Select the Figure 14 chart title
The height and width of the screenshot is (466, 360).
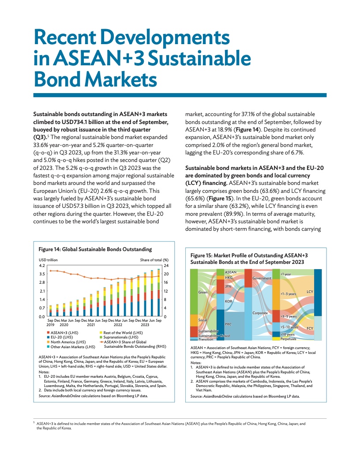click(95, 249)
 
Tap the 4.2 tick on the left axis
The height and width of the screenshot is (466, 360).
click(42, 266)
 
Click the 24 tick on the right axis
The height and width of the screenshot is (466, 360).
click(166, 266)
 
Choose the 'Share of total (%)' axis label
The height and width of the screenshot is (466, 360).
click(154, 260)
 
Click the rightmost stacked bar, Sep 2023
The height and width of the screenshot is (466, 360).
click(158, 291)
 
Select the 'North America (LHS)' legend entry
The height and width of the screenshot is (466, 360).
click(68, 342)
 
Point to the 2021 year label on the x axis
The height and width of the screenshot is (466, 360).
click(91, 324)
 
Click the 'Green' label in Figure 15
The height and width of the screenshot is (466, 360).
click(202, 292)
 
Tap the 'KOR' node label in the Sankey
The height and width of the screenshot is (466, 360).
click(229, 301)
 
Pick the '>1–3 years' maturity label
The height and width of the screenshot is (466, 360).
click(288, 293)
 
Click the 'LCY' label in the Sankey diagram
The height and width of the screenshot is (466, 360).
click(310, 292)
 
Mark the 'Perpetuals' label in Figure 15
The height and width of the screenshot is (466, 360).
click(288, 339)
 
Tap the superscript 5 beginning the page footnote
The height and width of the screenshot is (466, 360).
click(34, 422)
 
